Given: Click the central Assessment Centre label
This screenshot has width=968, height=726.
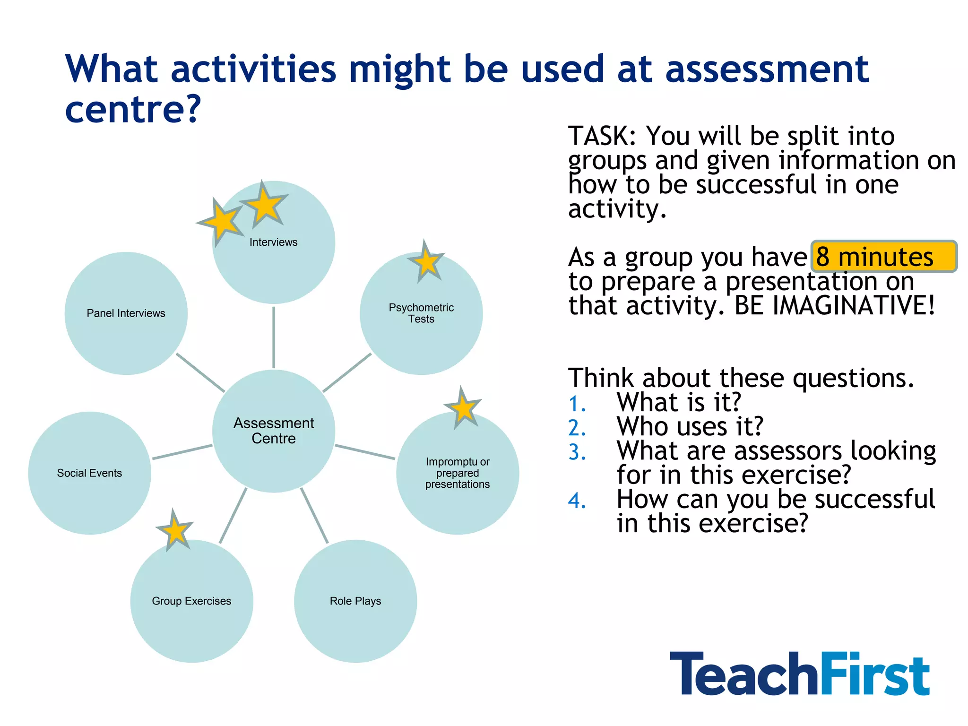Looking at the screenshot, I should [x=274, y=431].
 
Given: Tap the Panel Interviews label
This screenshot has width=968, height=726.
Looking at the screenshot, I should [x=126, y=313].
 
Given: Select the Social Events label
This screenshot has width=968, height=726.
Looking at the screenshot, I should [x=89, y=473].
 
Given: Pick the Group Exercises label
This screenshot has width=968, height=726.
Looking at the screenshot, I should [x=191, y=601].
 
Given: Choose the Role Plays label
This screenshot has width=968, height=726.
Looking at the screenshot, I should [x=355, y=601].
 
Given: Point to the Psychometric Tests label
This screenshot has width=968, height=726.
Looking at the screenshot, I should [x=421, y=313].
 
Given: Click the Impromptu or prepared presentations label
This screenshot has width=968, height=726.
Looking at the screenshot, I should [x=458, y=473].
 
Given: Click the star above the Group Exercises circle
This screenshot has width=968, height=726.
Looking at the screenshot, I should [x=175, y=531].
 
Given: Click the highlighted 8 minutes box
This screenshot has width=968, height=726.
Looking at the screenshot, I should [x=884, y=257].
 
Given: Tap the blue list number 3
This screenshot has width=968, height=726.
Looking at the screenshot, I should [x=577, y=452].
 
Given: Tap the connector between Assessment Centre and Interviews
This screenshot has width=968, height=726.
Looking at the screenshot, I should [x=274, y=337].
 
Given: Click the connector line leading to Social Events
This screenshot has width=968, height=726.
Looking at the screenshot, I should [x=182, y=452].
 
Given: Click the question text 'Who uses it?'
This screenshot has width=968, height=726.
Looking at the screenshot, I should [x=690, y=427].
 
